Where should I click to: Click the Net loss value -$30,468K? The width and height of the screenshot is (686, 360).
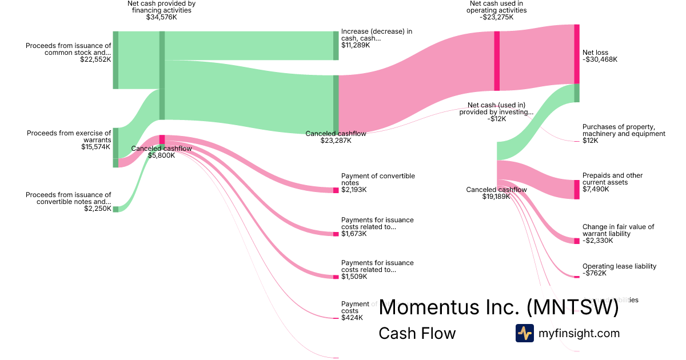click(x=600, y=59)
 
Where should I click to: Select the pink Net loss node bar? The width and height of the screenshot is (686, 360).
click(x=577, y=54)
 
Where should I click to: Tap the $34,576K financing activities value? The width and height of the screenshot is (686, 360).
click(x=161, y=17)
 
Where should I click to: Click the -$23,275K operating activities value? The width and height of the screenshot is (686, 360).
click(x=497, y=17)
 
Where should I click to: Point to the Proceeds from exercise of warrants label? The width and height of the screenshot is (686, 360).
click(x=69, y=137)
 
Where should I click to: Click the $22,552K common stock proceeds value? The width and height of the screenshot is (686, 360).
click(x=95, y=59)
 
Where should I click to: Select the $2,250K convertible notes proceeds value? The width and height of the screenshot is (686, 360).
click(x=97, y=209)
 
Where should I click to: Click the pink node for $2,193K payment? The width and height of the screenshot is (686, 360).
click(x=336, y=190)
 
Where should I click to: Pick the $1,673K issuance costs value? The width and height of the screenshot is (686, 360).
click(x=354, y=234)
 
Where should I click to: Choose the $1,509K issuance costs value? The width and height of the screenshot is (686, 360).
click(x=354, y=277)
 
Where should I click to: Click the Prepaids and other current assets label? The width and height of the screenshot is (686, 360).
click(x=612, y=179)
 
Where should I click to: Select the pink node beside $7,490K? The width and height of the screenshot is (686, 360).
click(x=577, y=190)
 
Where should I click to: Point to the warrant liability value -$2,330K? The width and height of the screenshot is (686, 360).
click(x=598, y=241)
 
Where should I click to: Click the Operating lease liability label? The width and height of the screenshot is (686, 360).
click(x=619, y=266)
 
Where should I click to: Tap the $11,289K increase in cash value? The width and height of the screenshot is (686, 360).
click(x=356, y=45)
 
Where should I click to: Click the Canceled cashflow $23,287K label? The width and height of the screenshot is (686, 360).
click(x=336, y=137)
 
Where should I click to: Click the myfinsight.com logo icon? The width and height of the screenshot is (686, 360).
click(x=524, y=333)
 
